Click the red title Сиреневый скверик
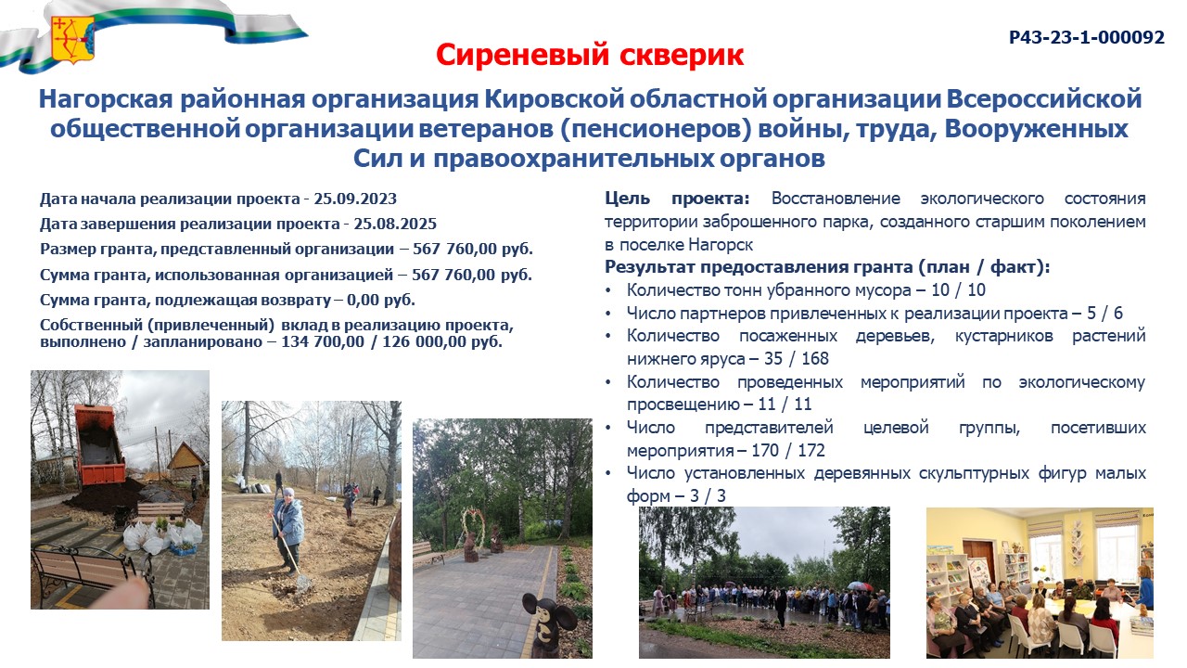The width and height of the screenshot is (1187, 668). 590,55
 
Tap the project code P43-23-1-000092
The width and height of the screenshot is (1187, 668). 1086,38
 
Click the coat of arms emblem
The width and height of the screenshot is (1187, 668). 72,40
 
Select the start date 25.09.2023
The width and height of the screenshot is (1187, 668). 355,199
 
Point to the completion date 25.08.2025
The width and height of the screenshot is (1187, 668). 395,224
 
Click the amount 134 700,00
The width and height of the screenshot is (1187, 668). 323,341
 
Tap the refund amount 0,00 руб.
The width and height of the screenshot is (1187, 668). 381,300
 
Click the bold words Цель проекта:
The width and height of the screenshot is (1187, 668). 677,199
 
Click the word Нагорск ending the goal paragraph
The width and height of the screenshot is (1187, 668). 721,245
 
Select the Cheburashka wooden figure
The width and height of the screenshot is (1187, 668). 547,625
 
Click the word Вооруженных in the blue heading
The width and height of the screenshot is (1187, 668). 1028,129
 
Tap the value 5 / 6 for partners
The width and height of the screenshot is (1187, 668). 1104,314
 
